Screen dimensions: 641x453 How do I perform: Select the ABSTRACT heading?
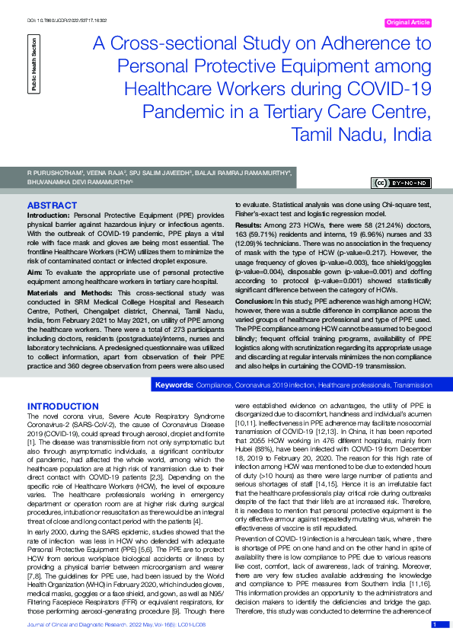point(51,206)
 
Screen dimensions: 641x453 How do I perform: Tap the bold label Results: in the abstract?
point(248,227)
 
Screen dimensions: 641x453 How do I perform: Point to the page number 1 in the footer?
point(434,624)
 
